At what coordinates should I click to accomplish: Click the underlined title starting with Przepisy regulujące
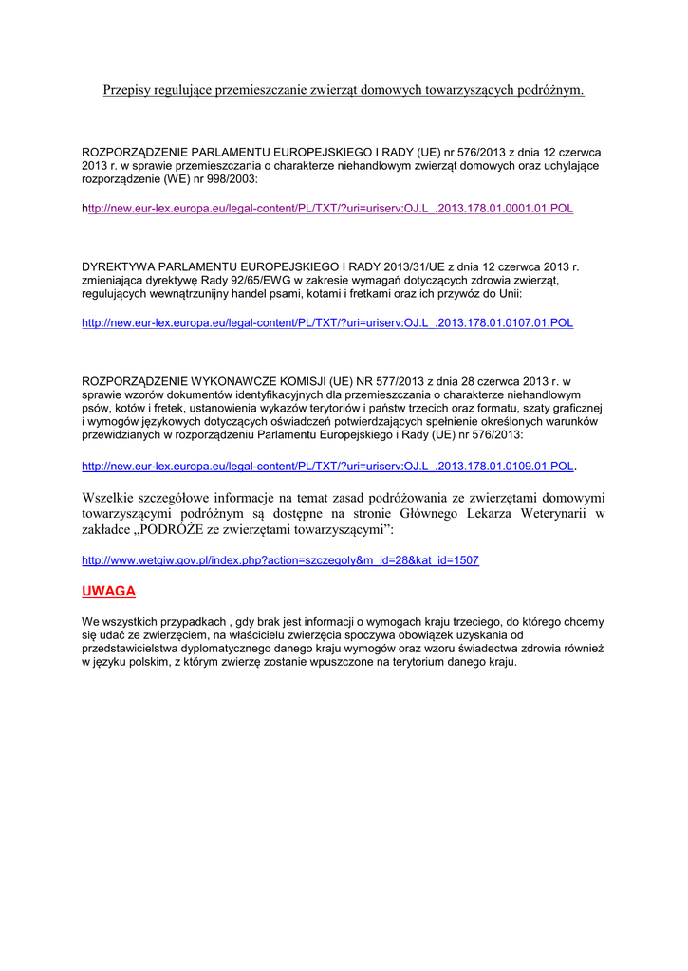pos(344,90)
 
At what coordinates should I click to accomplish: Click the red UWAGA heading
pos(108,592)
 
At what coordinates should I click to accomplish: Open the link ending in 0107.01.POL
pos(327,322)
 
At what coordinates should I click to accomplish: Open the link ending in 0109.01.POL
pos(327,467)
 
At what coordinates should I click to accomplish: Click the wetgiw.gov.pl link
pos(280,560)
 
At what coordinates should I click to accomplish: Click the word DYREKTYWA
pos(123,266)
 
